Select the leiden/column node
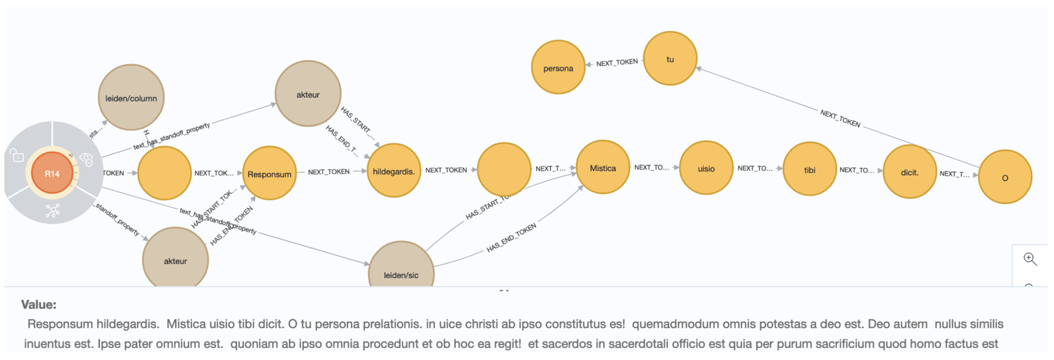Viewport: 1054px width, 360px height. tap(131, 98)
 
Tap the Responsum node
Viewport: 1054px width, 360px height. tap(268, 174)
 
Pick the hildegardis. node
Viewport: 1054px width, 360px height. tap(393, 170)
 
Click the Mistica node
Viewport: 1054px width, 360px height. tap(602, 168)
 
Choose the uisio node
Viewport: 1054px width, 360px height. tap(705, 168)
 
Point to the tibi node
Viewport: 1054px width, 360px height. tap(809, 169)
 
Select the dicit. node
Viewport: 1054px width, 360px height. tap(909, 171)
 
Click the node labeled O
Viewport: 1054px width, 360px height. tap(1005, 177)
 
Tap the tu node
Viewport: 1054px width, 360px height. tap(670, 59)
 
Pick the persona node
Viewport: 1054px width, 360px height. tap(558, 68)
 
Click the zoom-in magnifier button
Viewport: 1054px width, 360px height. tap(1030, 259)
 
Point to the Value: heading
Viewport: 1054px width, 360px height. tap(39, 305)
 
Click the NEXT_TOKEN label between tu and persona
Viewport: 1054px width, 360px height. tap(617, 63)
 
